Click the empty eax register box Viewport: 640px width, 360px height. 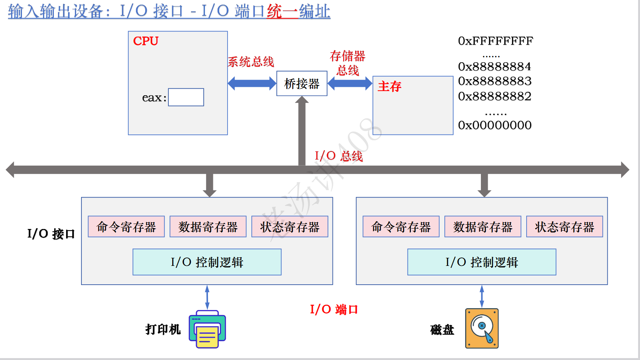point(186,97)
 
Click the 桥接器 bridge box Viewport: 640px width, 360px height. point(302,83)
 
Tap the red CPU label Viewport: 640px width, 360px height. point(146,41)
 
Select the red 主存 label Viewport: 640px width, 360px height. point(389,86)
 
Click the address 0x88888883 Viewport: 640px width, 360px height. point(495,81)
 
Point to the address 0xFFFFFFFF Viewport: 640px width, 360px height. point(495,41)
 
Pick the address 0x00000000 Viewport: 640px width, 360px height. point(495,125)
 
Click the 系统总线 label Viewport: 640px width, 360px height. point(251,62)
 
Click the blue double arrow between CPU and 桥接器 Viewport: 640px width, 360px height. point(252,83)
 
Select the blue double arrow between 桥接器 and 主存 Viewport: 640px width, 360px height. point(350,83)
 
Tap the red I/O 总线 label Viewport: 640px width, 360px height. point(339,156)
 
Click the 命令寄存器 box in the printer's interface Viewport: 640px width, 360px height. point(126,227)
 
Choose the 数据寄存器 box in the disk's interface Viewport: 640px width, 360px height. point(483,227)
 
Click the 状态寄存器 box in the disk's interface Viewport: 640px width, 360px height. point(564,227)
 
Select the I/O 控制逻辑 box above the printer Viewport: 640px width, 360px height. point(207,262)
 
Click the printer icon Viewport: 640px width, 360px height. point(207,329)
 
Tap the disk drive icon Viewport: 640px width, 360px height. point(482,328)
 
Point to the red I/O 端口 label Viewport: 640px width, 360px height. point(334,309)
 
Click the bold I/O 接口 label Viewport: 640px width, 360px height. point(51,234)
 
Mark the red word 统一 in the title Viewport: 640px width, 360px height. point(283,12)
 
